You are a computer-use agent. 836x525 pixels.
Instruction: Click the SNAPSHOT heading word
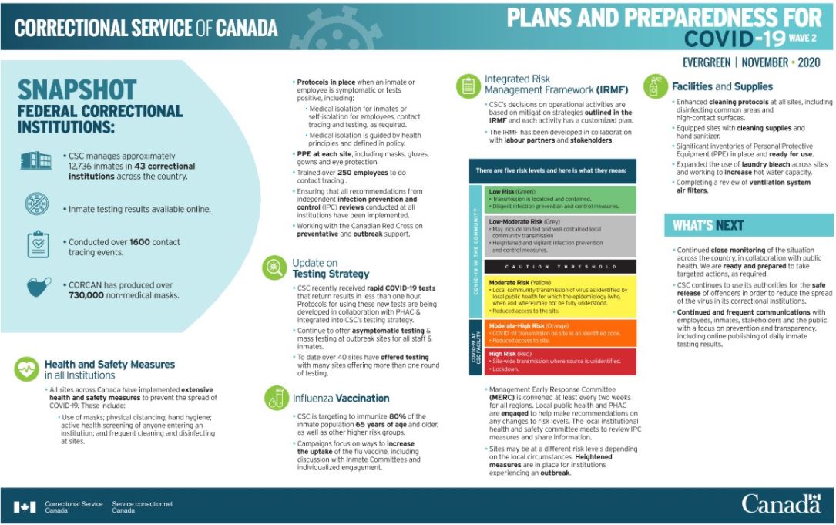(x=77, y=90)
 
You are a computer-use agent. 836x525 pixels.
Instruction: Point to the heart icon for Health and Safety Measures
(x=26, y=369)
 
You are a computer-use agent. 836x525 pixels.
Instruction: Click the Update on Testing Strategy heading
(x=331, y=268)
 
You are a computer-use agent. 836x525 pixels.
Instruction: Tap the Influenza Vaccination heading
(x=341, y=399)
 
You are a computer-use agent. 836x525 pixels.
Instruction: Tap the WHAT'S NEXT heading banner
(x=708, y=225)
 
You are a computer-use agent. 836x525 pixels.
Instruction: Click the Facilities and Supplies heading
(x=722, y=87)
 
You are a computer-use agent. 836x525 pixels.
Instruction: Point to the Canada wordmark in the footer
(x=781, y=504)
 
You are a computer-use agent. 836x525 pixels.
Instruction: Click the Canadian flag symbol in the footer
(x=25, y=506)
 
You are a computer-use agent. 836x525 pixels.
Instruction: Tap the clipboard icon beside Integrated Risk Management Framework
(x=468, y=86)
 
